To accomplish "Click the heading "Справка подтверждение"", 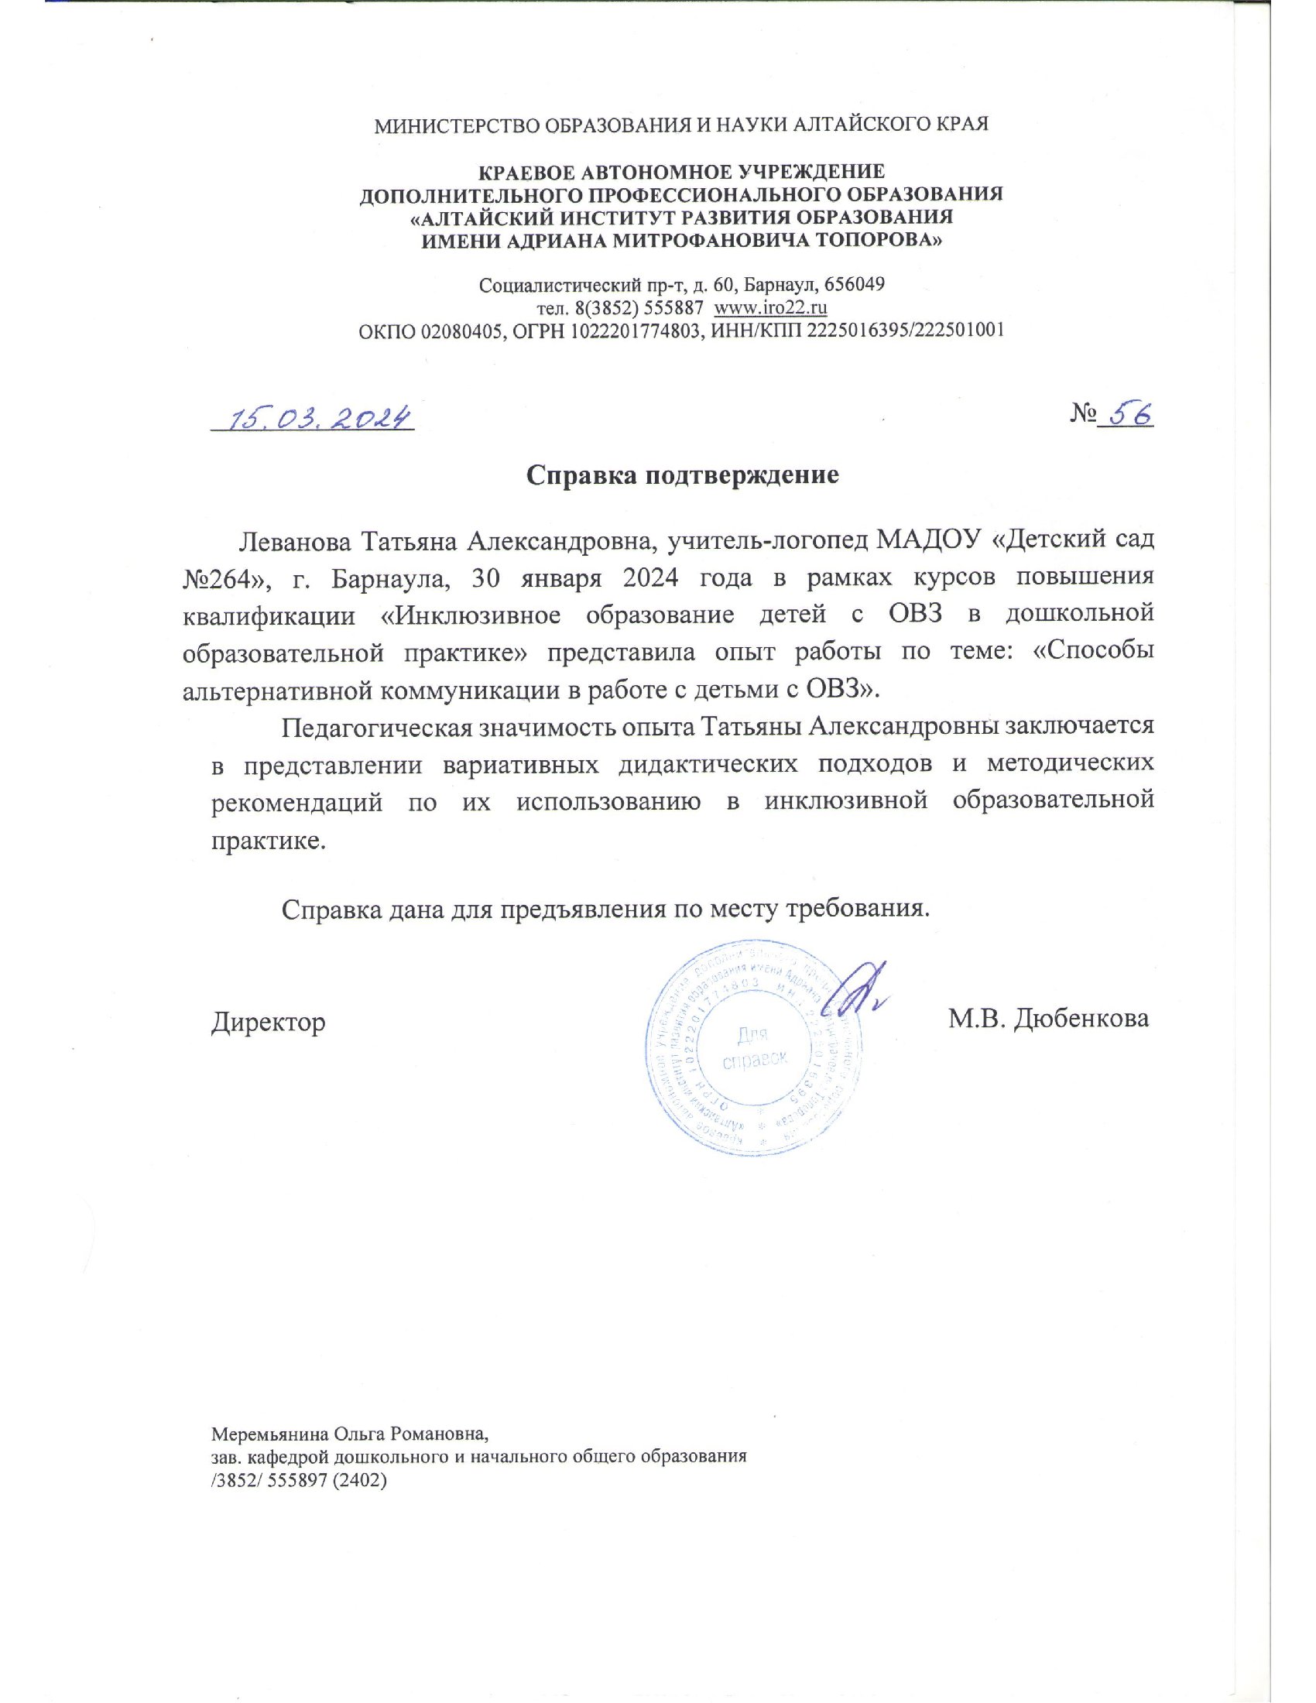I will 682,475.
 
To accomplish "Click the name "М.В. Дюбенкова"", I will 1048,1019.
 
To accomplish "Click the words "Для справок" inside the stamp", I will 754,1047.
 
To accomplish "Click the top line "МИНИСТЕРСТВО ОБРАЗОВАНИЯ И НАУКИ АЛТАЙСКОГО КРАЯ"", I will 681,125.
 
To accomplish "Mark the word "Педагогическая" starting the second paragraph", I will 377,728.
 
